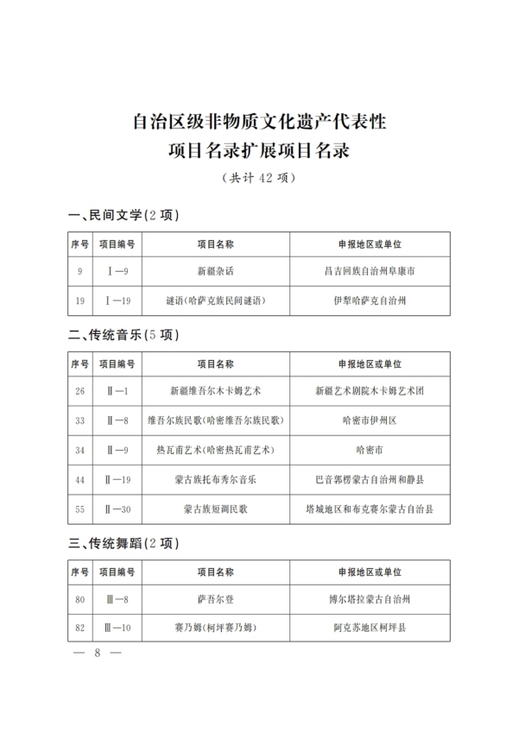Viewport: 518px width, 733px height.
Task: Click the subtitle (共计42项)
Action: [259, 179]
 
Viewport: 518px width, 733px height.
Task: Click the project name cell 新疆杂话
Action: [216, 271]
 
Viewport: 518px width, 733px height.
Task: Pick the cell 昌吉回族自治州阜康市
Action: [369, 271]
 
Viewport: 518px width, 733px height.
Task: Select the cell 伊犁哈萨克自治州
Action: [369, 301]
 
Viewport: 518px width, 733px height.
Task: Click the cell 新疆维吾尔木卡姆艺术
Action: [216, 391]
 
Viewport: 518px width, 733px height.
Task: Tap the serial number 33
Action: [79, 420]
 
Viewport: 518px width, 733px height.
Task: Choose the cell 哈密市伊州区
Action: [369, 420]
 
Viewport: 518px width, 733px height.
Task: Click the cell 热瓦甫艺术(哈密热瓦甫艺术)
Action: [216, 450]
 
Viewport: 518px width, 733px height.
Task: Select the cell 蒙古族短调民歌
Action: [216, 509]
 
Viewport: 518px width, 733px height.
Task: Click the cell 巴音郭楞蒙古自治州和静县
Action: [369, 479]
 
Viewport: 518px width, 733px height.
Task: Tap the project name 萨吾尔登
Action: [216, 598]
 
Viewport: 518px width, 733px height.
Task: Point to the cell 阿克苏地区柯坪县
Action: [369, 628]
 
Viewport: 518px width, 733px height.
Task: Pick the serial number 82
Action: [79, 628]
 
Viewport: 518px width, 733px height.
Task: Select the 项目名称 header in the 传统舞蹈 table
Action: [216, 571]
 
